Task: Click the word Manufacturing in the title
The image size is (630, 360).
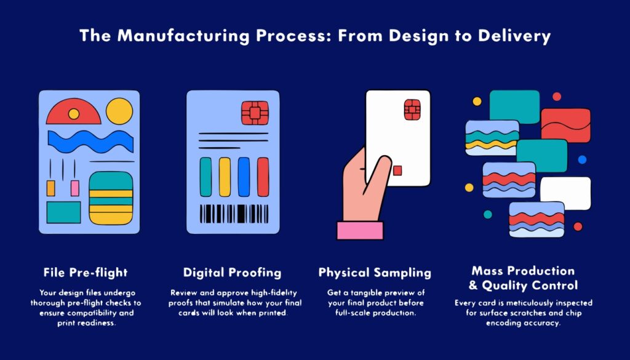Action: point(183,36)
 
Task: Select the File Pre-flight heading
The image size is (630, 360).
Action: point(86,273)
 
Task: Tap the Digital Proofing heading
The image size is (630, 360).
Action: point(232,273)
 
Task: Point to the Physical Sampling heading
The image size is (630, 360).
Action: point(375,273)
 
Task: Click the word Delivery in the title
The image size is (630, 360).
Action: point(514,36)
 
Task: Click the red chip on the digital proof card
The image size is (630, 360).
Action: point(255,113)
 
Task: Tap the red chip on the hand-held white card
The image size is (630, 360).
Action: point(412,110)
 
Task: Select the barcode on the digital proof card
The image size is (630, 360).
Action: point(234,214)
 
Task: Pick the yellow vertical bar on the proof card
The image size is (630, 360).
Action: point(225,177)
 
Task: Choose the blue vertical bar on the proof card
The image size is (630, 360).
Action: point(244,177)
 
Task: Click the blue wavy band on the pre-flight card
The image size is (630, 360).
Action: point(91,142)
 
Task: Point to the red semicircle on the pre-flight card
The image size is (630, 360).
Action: point(74,111)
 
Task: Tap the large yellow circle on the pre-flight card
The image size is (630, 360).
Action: point(119,111)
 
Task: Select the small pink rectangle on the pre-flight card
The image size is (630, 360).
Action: point(74,188)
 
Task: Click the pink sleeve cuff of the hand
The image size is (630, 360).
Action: point(360,231)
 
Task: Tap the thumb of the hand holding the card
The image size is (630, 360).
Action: point(377,174)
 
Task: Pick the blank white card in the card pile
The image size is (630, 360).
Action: point(565,193)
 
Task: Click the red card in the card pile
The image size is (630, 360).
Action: point(566,126)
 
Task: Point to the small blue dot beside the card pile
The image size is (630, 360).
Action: point(582,159)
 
